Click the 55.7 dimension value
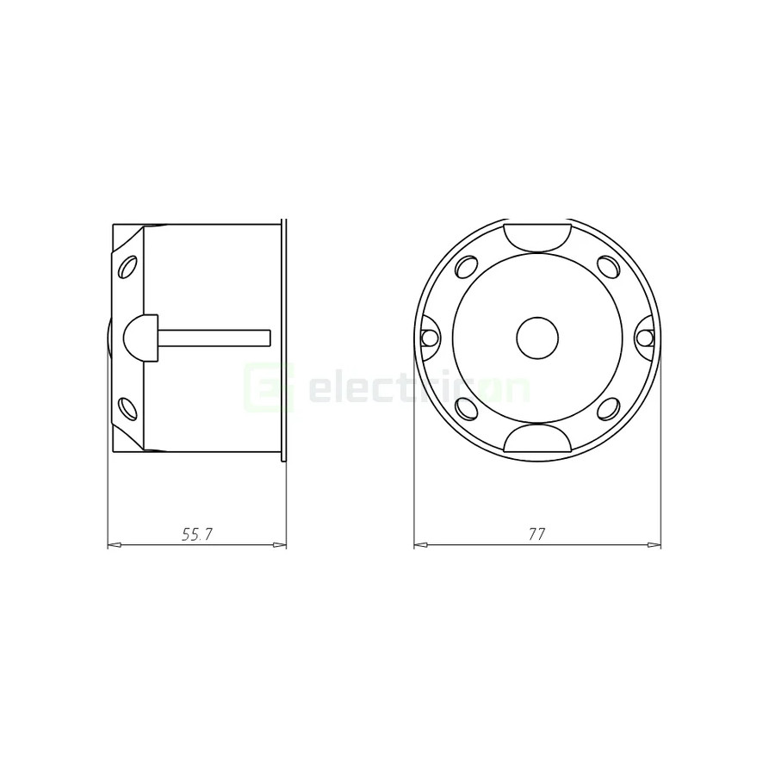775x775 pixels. (196, 535)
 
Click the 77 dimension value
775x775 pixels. (536, 535)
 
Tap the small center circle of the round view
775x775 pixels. (537, 338)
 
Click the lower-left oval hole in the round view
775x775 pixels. (466, 408)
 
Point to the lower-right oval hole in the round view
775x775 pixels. (609, 408)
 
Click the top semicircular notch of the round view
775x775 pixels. (537, 234)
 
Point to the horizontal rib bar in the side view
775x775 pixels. (215, 338)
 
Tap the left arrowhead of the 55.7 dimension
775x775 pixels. (113, 545)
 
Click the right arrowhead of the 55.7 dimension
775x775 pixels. (281, 545)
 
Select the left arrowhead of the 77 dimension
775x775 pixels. (419, 545)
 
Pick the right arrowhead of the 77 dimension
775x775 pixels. (655, 545)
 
